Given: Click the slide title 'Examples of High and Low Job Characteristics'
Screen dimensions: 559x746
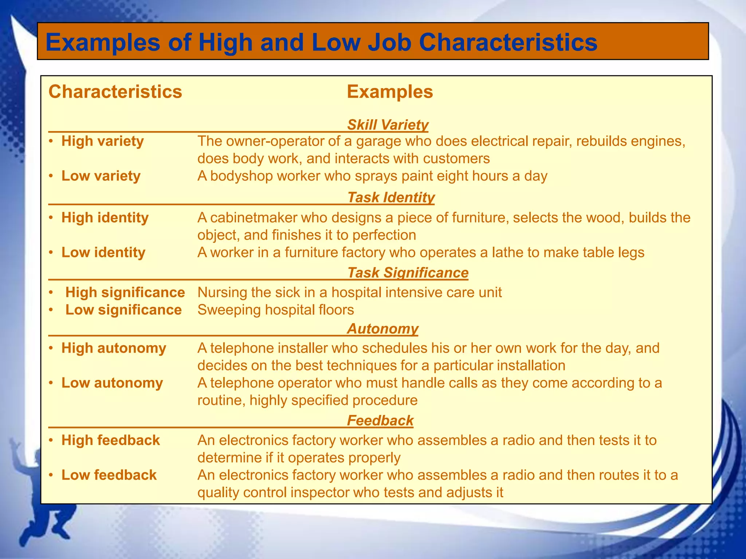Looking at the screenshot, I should pos(321,42).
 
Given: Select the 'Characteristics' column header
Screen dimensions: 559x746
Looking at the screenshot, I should pos(115,92).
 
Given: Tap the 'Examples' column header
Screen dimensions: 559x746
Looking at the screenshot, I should pos(390,92).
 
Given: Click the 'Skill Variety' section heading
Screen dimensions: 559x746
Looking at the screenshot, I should pos(388,125).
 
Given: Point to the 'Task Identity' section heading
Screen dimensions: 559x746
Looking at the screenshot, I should pos(391,197).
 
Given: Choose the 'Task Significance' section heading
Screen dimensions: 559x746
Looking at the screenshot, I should pos(408,273).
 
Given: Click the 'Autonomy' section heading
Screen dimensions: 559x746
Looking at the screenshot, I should pos(382,329).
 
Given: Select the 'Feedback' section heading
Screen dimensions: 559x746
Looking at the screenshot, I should pos(380,421).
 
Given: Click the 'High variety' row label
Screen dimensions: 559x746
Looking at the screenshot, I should pos(102,141).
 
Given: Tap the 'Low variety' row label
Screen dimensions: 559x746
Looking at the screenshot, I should pos(101,176).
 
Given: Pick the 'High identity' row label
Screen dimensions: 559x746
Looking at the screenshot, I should pos(105,218).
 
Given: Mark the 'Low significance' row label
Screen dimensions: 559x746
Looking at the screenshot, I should pos(123,310).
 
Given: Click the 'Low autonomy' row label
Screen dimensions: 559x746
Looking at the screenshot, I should pos(112,383).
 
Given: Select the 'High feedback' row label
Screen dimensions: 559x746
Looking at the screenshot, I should pos(111,440).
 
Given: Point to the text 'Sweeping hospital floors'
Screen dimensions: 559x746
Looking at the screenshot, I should pos(276,310).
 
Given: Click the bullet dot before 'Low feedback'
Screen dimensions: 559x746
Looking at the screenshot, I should pos(52,475).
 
